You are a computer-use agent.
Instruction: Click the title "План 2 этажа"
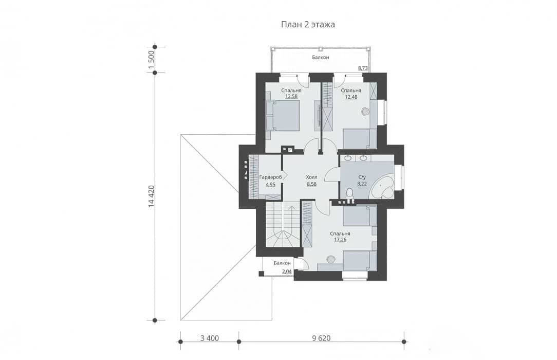pos(308,25)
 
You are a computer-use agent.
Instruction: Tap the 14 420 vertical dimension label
pos(152,196)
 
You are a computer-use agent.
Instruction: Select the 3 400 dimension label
pos(210,338)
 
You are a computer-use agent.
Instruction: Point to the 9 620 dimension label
pos(321,338)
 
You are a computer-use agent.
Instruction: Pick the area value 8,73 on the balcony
pos(363,68)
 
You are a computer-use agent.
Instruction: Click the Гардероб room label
pos(271,177)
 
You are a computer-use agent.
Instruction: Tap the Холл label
pos(311,177)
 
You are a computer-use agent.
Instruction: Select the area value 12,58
pos(291,96)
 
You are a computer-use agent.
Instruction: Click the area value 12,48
pos(351,96)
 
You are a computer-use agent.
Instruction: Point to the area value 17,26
pos(340,240)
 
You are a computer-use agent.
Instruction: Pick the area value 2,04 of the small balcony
pos(287,272)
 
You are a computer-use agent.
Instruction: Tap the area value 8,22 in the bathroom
pos(362,184)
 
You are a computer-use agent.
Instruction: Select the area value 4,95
pos(270,185)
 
